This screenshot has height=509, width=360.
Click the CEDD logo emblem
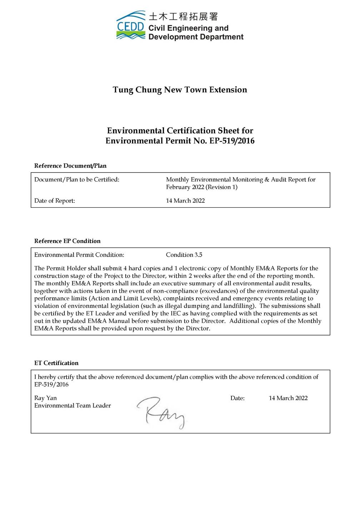pos(131,25)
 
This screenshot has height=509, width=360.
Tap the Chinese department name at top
pos(183,16)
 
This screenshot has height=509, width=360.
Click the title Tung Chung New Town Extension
pos(180,90)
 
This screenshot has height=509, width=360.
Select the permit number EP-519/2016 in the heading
pos(231,141)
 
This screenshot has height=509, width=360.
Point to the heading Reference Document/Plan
pos(70,166)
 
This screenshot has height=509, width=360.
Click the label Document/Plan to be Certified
pos(77,180)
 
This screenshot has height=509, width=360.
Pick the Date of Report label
pos(55,201)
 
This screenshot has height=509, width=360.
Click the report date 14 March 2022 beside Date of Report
pos(185,201)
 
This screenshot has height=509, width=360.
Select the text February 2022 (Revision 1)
pos(202,187)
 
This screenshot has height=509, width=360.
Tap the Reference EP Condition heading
pos(67,241)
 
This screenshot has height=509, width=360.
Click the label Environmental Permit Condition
pos(79,255)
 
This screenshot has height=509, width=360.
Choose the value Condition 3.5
pos(184,255)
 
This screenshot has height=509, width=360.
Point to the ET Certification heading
pos(56,363)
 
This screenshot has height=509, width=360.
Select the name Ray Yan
pos(45,398)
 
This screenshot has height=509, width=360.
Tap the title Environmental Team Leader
pos(72,405)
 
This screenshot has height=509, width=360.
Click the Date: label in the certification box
pos(237,398)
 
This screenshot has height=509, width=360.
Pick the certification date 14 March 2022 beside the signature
pos(288,398)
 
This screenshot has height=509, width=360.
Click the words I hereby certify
pos(54,377)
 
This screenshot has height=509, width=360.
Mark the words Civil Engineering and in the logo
pos(188,28)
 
